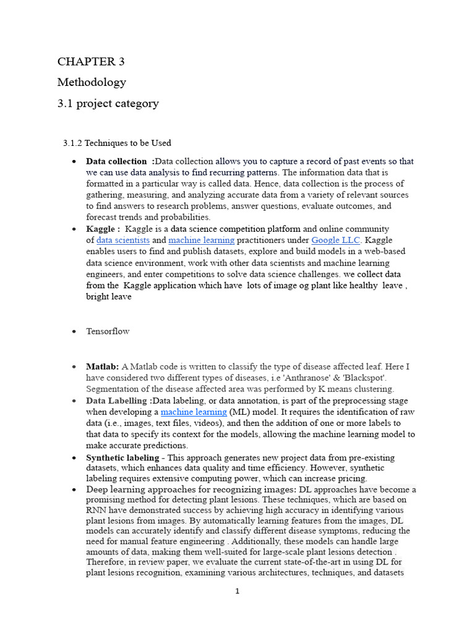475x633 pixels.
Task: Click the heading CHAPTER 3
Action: (87, 61)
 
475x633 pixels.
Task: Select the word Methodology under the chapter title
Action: (92, 82)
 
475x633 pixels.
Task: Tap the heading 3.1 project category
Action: (108, 103)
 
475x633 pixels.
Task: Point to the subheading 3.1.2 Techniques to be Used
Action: (117, 143)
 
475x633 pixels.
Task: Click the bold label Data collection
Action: (116, 161)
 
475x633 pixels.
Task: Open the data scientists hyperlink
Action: (123, 240)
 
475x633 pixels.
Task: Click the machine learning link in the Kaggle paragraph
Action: (202, 240)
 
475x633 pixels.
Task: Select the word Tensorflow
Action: (108, 331)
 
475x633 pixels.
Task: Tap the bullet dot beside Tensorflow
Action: (74, 332)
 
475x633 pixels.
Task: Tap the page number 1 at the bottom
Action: (237, 592)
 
